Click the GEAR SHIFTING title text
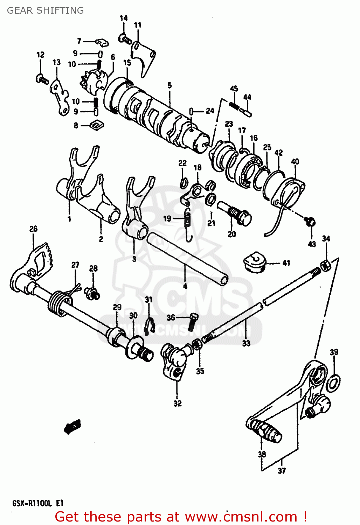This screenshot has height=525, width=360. tap(46, 10)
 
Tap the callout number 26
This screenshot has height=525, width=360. tap(33, 229)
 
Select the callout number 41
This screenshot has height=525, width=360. tap(286, 263)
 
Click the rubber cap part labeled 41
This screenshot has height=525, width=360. tap(255, 262)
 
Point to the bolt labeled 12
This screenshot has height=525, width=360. tap(42, 79)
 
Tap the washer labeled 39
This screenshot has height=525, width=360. tap(333, 383)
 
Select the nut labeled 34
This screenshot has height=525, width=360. tap(325, 265)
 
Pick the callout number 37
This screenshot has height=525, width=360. tap(282, 471)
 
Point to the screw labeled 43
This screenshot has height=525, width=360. tap(310, 221)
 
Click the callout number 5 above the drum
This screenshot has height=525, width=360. tap(169, 85)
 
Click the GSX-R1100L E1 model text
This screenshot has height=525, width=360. tap(38, 503)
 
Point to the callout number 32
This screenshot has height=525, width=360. tap(178, 404)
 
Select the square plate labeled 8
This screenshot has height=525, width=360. tap(97, 125)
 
